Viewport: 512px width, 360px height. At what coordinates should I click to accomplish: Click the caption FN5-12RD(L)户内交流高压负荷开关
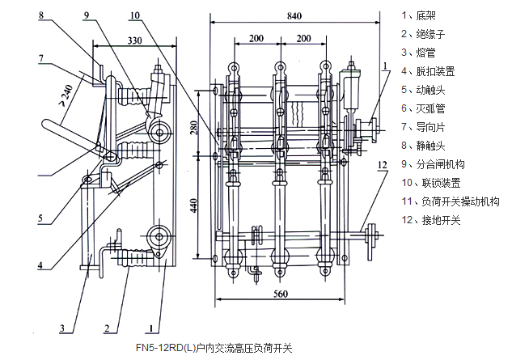click(x=215, y=348)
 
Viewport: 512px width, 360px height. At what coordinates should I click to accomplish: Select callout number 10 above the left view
click(x=133, y=15)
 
